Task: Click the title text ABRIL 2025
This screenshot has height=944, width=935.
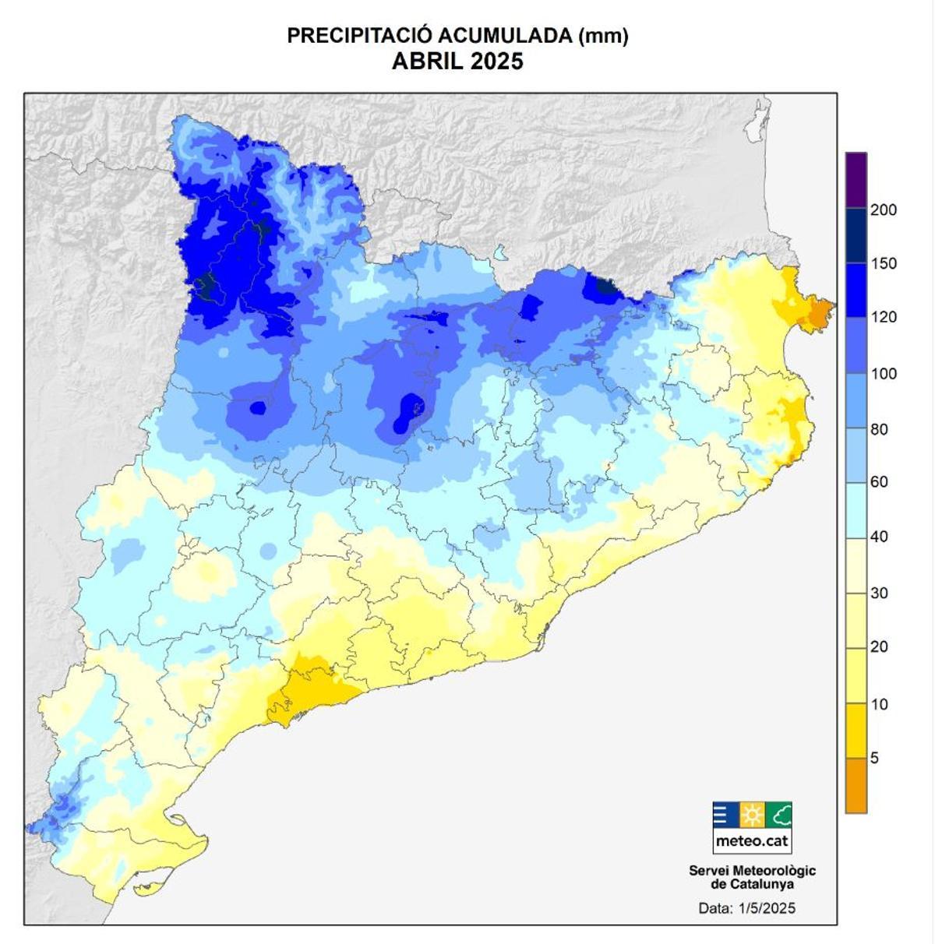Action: [x=457, y=61]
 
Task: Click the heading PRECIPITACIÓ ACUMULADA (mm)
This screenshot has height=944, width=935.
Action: [x=457, y=36]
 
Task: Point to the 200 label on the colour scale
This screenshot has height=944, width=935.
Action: [x=884, y=210]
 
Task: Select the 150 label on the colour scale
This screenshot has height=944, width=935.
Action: [x=884, y=263]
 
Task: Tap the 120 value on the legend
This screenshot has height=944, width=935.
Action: [x=884, y=317]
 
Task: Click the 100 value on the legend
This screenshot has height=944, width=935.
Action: [x=884, y=373]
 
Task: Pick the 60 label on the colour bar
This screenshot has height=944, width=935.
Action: [x=879, y=481]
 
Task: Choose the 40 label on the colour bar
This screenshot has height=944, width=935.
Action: [x=879, y=536]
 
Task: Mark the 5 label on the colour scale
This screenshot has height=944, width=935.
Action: [x=874, y=758]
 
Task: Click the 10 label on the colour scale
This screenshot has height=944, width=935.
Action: [x=879, y=704]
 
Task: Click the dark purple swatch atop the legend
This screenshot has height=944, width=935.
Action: [x=856, y=179]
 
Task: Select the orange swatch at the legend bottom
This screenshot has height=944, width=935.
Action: [x=856, y=786]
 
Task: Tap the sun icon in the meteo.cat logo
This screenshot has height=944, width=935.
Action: [x=752, y=815]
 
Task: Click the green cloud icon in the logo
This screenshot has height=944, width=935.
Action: [x=779, y=815]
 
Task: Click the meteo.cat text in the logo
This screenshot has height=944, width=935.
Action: [x=752, y=841]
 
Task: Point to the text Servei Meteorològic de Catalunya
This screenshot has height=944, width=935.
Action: [x=752, y=877]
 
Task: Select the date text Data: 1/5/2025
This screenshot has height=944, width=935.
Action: [x=746, y=907]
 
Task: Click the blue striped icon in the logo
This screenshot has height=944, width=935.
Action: [x=725, y=815]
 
